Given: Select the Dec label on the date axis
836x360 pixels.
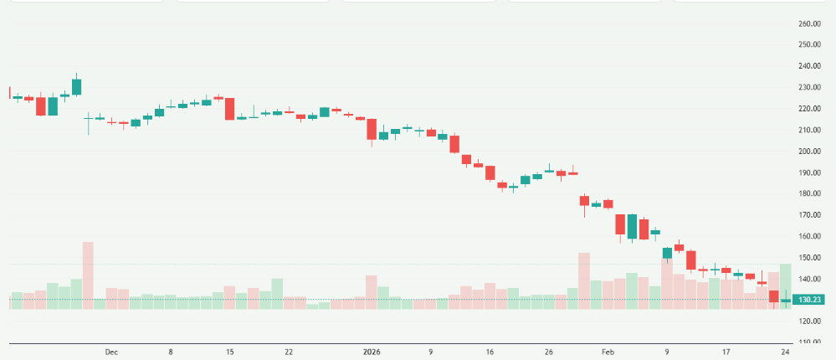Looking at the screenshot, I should [111, 352].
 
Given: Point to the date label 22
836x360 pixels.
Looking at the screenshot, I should [289, 352].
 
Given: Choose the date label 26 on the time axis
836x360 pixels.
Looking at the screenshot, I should [548, 352].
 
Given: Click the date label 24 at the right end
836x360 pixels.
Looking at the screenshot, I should [785, 352].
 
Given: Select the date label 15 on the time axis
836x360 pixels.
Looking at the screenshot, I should [229, 352].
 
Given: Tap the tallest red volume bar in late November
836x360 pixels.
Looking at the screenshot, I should [88, 276].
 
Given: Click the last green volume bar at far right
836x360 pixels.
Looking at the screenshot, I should [785, 286].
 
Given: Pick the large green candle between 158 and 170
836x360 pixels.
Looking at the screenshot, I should [632, 227].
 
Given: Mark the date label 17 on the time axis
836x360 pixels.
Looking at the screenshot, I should [726, 352].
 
